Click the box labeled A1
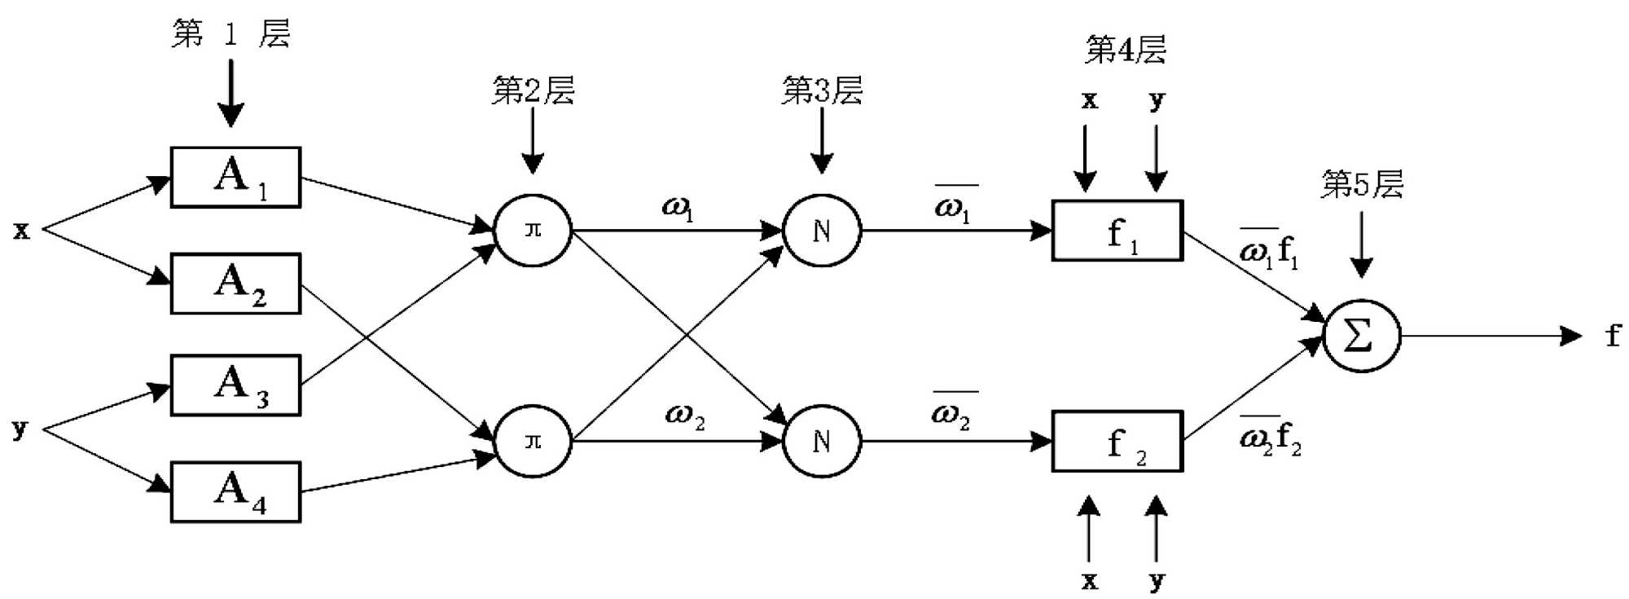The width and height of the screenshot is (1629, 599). tap(235, 178)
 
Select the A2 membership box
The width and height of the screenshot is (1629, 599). tap(235, 284)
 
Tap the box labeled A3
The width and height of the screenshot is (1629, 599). tap(235, 385)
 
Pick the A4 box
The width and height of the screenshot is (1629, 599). tap(235, 492)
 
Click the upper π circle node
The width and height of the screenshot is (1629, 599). tap(533, 231)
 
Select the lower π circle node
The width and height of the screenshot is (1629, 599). tap(533, 441)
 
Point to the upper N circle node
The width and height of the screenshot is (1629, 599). tap(822, 231)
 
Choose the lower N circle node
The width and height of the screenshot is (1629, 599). tap(822, 441)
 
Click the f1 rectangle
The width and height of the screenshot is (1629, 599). tap(1117, 231)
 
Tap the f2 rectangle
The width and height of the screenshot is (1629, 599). tap(1117, 441)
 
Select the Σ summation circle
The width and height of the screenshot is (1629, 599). tap(1361, 336)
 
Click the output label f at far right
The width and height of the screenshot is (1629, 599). tap(1613, 336)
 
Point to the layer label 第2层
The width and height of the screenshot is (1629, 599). tap(533, 90)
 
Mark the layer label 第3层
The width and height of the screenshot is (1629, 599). tap(822, 90)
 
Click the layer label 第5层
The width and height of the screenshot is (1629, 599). tap(1362, 184)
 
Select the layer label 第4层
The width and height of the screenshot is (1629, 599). tap(1125, 50)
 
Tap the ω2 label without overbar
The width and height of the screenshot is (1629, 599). tap(684, 416)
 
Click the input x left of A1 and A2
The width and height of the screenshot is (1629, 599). tap(21, 231)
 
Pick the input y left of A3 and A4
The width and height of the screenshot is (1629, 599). tap(20, 429)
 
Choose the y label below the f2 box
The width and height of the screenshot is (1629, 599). tap(1157, 581)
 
